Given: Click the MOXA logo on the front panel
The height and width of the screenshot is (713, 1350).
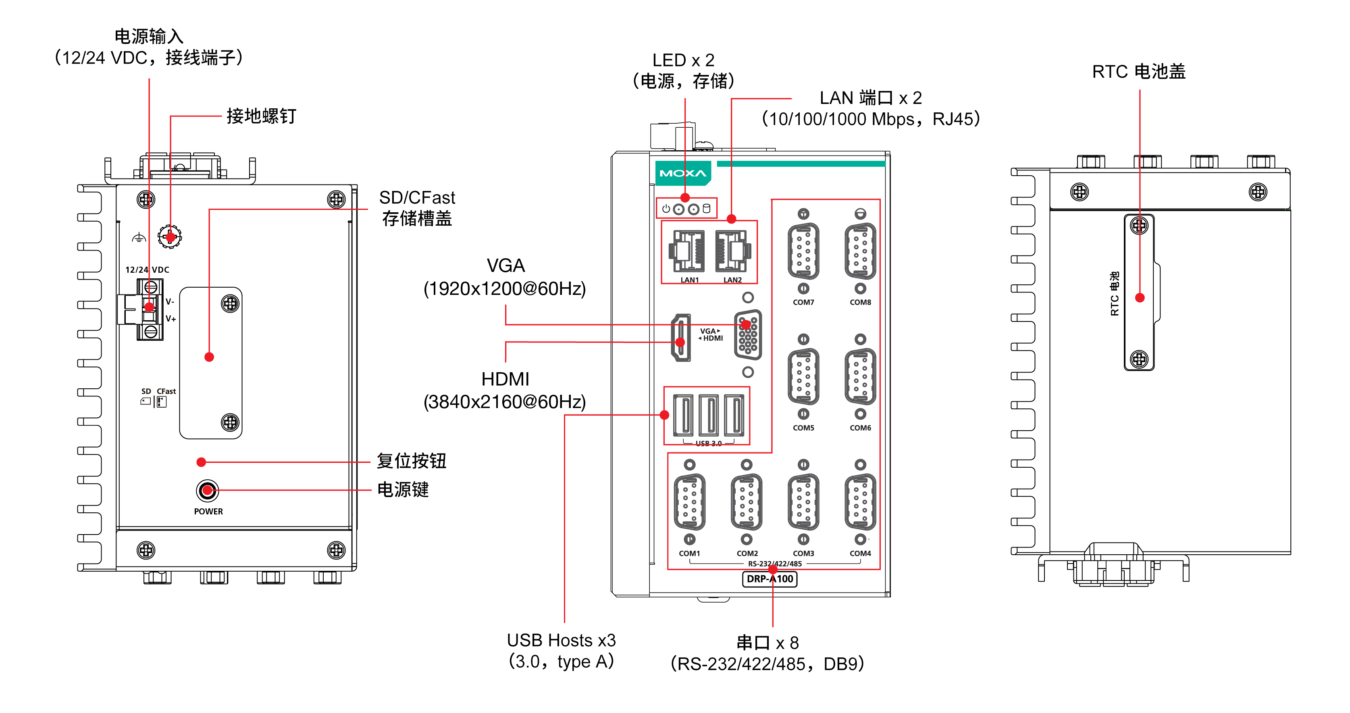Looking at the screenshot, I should click(682, 173).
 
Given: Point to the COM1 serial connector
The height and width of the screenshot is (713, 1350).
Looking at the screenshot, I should click(690, 502).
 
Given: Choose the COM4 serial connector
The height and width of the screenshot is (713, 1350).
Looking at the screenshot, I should click(860, 502).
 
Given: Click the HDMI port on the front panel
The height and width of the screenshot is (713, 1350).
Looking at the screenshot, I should click(681, 338).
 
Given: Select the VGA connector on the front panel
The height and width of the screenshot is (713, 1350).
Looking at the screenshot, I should click(748, 335).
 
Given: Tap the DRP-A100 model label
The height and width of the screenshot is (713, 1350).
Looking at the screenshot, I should click(770, 579).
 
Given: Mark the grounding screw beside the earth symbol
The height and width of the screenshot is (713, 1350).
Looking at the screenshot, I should click(170, 237).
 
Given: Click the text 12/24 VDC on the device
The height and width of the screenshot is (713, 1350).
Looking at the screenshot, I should click(147, 270).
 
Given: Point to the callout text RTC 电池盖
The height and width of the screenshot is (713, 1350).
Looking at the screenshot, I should click(1138, 72).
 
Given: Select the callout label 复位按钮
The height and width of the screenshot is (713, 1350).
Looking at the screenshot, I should click(412, 461).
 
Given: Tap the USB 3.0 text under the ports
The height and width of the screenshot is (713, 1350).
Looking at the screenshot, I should click(709, 443).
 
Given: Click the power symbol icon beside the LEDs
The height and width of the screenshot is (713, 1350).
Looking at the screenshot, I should click(666, 209).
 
